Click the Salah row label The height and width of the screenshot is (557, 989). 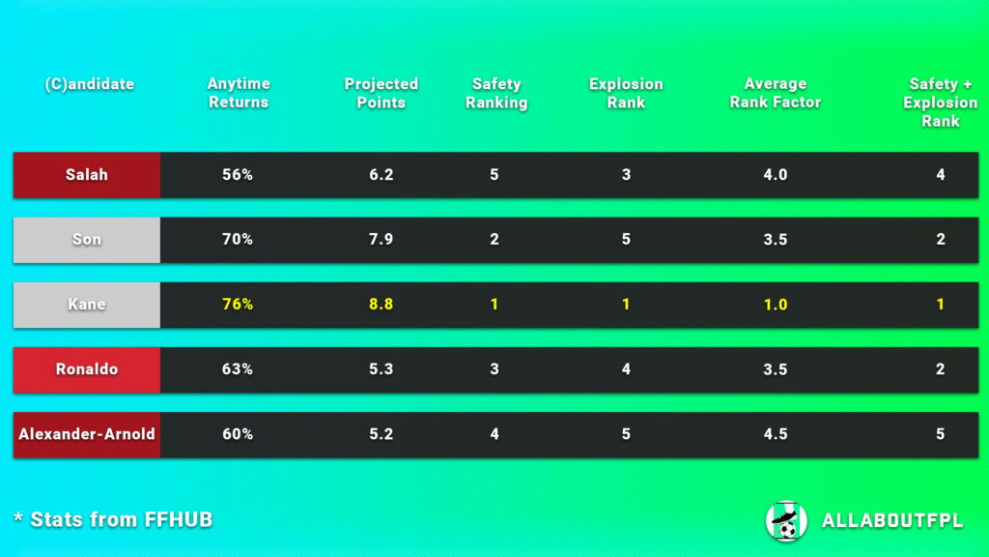87,175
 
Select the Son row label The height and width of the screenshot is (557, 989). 87,240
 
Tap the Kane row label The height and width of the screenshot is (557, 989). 87,305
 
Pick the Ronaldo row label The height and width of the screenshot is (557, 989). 87,369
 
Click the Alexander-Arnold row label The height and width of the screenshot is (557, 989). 87,434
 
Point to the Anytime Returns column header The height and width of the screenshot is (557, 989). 239,93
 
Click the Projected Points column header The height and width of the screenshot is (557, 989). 381,93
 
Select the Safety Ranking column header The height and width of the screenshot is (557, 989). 496,93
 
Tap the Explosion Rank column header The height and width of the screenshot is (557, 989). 626,93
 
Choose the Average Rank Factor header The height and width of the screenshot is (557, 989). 776,93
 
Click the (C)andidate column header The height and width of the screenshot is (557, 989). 90,84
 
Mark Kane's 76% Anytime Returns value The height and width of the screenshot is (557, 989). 238,305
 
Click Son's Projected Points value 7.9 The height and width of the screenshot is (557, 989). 381,240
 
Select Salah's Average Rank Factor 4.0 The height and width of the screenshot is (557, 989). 776,175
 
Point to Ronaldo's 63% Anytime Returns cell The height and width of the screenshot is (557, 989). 238,369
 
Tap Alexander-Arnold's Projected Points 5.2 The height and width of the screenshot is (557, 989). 381,434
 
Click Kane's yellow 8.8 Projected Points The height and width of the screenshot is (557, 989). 381,305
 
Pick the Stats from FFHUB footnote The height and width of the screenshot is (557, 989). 113,519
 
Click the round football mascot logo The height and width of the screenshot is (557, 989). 786,520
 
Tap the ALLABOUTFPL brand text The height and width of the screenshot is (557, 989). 891,521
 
